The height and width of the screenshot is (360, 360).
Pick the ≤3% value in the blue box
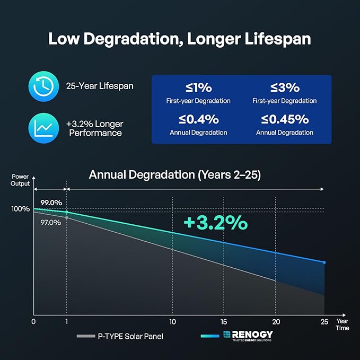point(285,88)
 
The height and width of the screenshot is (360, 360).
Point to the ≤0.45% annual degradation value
point(285,120)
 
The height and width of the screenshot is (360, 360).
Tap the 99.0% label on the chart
point(51,203)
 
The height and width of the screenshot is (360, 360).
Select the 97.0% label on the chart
point(51,223)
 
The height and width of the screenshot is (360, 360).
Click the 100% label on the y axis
point(21,209)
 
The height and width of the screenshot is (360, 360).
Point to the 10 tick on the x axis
point(173,322)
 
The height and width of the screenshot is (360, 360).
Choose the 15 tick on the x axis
point(224,322)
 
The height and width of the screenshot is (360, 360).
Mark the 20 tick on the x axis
point(276,322)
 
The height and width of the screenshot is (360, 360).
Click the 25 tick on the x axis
point(324,322)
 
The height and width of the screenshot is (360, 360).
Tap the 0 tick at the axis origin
point(33,322)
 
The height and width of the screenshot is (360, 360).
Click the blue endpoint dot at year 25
point(324,262)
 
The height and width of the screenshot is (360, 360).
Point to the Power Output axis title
point(21,180)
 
